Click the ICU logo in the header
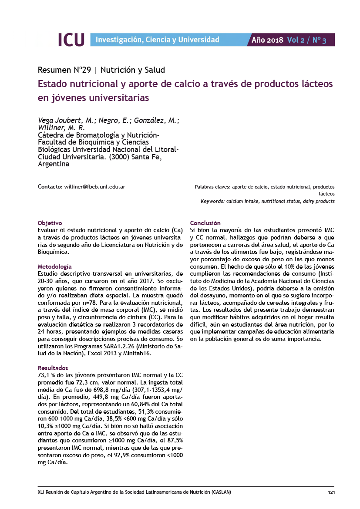coord(71,40)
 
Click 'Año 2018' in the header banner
coord(268,40)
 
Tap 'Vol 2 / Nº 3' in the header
coord(306,40)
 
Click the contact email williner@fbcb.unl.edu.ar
coord(95,187)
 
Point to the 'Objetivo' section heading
coord(50,223)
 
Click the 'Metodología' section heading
coord(55,266)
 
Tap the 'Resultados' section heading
coord(53,368)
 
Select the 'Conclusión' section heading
coord(205,223)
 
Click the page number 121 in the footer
coord(331,492)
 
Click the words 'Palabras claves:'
coord(212,187)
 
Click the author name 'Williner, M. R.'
coord(61,128)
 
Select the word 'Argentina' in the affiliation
coord(54,165)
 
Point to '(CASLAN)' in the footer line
coord(221,492)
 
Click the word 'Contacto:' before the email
coord(50,187)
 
